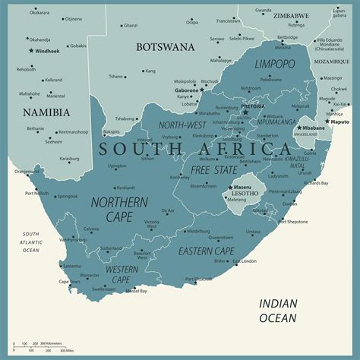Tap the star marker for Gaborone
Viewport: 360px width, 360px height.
point(202,90)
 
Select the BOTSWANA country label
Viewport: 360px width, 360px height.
point(166,46)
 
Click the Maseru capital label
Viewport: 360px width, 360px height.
point(243,187)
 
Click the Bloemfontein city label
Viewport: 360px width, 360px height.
point(204,185)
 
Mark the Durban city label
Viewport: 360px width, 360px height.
point(290,204)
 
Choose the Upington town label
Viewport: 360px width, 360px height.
point(117,166)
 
